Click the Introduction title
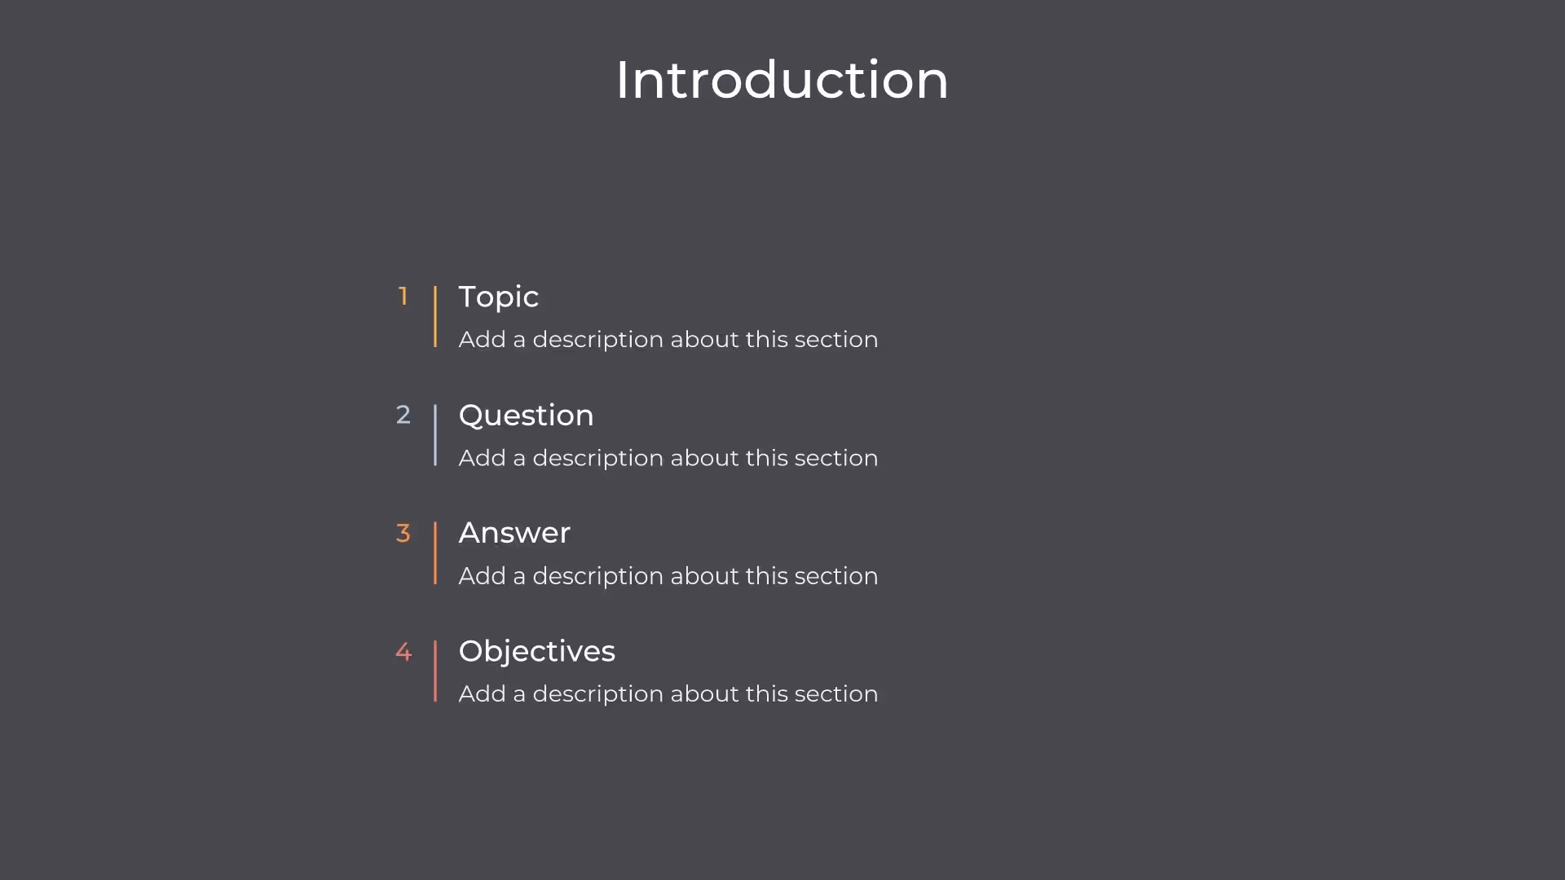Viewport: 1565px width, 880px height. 782,80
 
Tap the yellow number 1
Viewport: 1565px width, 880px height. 403,296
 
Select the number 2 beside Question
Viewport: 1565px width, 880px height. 403,415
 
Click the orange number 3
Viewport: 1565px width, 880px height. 403,533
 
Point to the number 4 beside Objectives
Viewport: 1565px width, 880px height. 403,652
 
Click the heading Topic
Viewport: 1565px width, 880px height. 498,297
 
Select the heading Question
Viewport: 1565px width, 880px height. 526,416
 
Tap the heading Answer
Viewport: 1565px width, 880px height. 514,533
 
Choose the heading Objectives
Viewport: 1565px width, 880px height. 536,651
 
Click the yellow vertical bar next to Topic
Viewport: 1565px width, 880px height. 435,316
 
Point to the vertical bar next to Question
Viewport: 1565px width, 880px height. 435,435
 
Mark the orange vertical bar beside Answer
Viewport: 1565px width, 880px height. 435,553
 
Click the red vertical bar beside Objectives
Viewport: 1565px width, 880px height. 435,671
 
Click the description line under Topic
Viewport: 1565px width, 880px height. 668,339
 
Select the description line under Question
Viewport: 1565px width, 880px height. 668,458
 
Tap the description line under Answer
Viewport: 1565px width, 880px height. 668,576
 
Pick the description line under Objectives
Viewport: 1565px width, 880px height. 668,694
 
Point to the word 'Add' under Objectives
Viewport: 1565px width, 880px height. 482,694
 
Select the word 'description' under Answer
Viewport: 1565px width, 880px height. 597,576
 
